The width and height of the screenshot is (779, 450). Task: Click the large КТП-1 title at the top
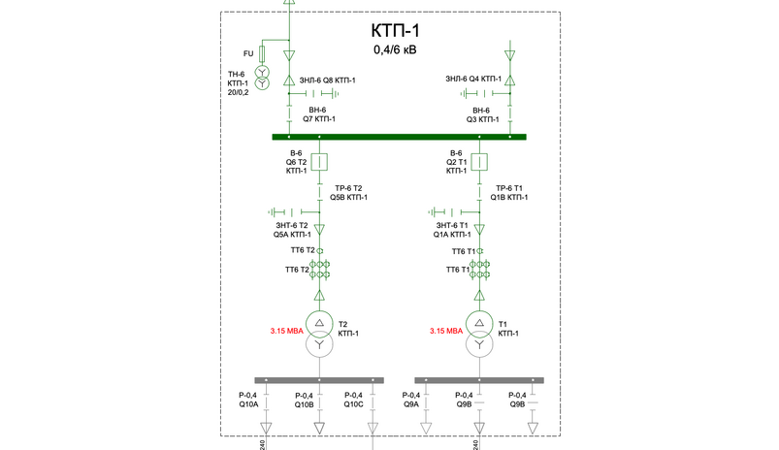[x=395, y=31]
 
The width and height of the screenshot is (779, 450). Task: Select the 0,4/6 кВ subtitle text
[x=395, y=49]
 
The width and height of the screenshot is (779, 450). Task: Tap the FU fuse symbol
[x=262, y=53]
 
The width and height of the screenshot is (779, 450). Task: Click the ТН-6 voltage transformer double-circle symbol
[x=262, y=78]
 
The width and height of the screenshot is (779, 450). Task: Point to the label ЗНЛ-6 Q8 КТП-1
[x=327, y=80]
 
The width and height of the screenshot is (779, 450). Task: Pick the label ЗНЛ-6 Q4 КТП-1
[x=473, y=79]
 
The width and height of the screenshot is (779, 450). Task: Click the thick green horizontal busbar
[x=399, y=137]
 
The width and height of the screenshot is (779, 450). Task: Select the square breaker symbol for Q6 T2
[x=319, y=162]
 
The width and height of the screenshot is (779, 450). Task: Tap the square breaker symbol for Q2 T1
[x=479, y=162]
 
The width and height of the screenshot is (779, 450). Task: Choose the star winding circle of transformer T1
[x=479, y=344]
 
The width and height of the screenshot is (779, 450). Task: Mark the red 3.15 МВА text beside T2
[x=286, y=331]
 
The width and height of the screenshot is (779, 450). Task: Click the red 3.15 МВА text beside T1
[x=446, y=331]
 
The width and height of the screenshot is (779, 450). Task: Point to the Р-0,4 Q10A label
[x=248, y=400]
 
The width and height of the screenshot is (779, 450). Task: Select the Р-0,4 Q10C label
[x=354, y=400]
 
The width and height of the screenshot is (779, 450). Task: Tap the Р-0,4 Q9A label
[x=411, y=400]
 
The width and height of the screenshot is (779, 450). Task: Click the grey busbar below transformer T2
[x=319, y=380]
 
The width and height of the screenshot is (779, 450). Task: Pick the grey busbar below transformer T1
[x=479, y=380]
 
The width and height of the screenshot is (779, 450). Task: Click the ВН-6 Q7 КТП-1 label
[x=319, y=114]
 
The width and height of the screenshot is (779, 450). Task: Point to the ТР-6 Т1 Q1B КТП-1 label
[x=509, y=193]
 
